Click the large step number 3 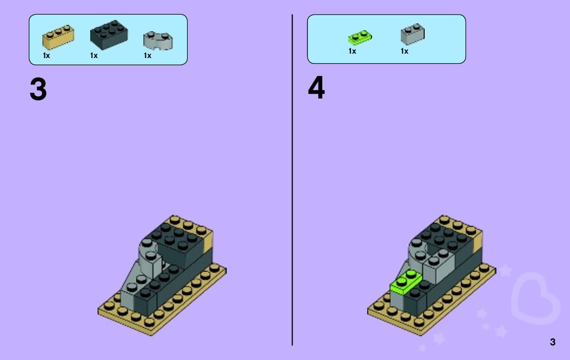coord(38,89)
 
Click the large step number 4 coord(316,88)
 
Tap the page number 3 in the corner coord(552,342)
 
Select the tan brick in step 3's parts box coord(58,37)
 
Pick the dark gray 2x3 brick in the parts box coord(109,35)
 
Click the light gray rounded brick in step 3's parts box coord(158,40)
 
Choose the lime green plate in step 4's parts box coord(360,37)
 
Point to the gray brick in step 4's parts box coord(412,34)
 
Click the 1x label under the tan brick coord(46,56)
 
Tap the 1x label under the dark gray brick coord(94,56)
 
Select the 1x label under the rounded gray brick coord(147,56)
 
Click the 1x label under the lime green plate coord(352,51)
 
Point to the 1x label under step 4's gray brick coord(404,51)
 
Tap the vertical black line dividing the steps coord(292,180)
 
